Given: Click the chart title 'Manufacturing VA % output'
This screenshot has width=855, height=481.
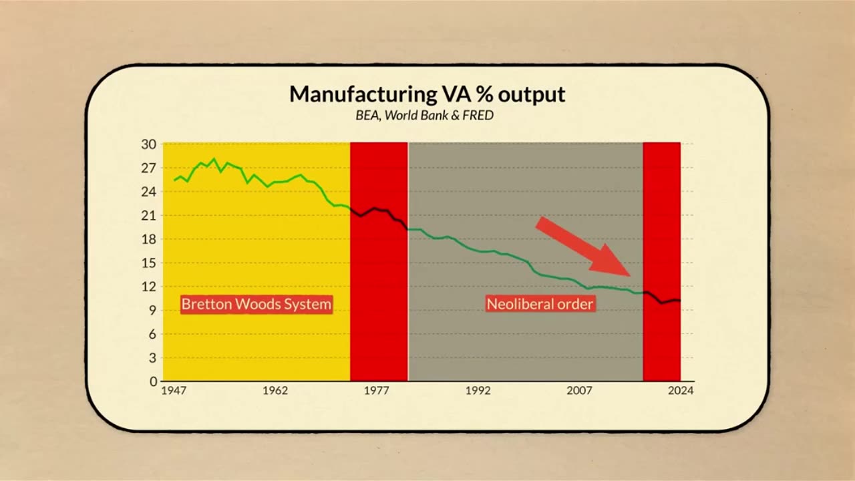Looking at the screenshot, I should point(427,94).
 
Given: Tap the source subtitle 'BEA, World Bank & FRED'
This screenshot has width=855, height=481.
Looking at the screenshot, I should point(424,116).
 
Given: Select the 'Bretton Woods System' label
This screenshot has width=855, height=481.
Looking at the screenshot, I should point(256,305).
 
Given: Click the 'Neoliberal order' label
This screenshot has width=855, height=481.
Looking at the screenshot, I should point(540,305).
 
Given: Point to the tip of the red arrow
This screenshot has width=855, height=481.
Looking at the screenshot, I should point(630,275).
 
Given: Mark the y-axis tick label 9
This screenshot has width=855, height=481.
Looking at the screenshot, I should point(152,310).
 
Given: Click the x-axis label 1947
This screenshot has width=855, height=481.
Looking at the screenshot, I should point(174,391).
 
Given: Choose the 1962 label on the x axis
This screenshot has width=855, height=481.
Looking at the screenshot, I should point(275,391).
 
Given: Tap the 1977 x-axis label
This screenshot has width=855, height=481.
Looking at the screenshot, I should point(377,391).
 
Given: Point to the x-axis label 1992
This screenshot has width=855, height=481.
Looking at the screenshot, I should point(478,391).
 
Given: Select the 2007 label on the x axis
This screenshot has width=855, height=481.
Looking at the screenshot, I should point(580,391).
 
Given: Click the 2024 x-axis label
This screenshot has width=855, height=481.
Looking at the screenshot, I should point(681,391).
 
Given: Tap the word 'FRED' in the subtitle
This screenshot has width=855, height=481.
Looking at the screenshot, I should point(480,116).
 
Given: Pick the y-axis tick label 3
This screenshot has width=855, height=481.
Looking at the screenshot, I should point(152,357).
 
